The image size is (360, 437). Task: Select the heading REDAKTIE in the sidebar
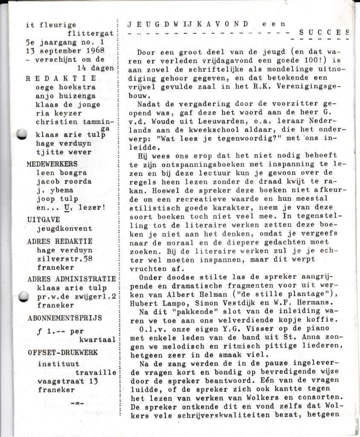[61, 79]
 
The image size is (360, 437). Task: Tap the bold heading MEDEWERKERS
[52, 164]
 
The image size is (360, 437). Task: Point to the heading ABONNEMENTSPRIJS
[64, 318]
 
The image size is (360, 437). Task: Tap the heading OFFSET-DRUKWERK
[62, 353]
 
